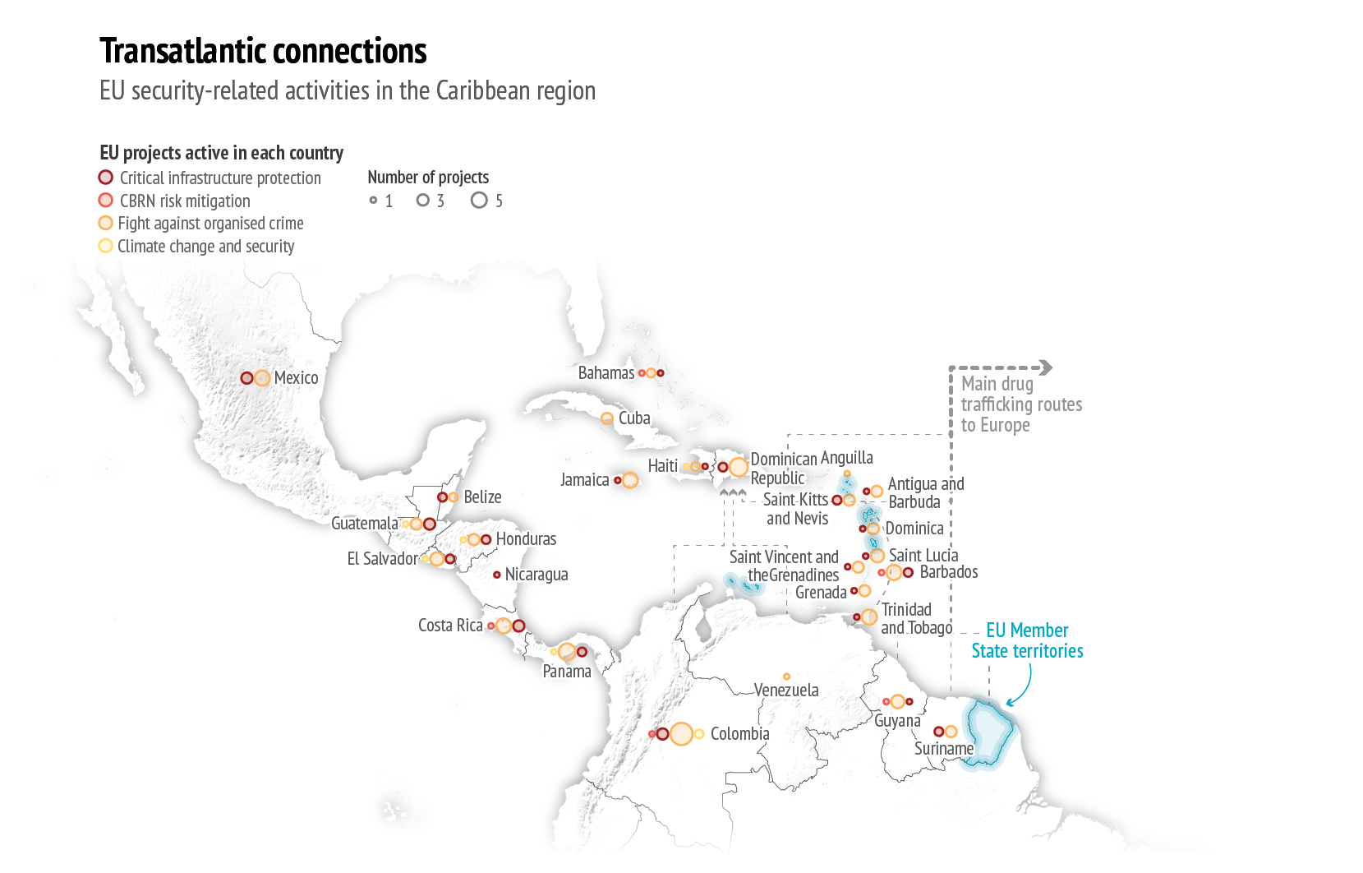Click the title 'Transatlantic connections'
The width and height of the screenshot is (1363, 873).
[263, 50]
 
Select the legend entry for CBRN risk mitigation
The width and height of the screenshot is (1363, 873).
[175, 201]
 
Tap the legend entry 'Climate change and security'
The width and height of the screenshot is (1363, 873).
[196, 246]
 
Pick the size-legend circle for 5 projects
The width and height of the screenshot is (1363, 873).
[479, 201]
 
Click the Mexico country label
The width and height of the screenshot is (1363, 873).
[297, 377]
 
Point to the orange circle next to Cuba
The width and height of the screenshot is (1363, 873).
[606, 418]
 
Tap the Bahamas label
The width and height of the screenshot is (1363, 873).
[606, 372]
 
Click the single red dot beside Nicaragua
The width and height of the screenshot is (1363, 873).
[496, 575]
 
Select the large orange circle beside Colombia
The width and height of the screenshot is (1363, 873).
[682, 733]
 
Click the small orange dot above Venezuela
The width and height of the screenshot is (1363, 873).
[786, 677]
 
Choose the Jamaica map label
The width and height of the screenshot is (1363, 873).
[585, 480]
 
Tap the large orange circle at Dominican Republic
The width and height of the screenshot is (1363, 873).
[738, 467]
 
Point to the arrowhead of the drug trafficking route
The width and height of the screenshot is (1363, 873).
[1045, 367]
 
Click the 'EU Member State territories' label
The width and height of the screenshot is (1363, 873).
[1027, 640]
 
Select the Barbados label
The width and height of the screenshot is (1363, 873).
[949, 571]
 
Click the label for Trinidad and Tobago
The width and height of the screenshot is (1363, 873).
[916, 618]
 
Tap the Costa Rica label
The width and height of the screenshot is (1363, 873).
[450, 626]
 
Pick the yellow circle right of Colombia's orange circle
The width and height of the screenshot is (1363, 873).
[699, 734]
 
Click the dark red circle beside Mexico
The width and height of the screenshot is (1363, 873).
[246, 378]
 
